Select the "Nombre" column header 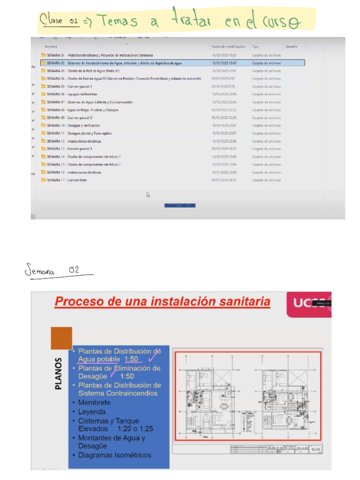pyautogui.click(x=51, y=47)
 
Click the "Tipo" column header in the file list pyautogui.click(x=255, y=47)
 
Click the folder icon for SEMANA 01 pyautogui.click(x=44, y=55)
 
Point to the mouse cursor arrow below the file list pyautogui.click(x=148, y=195)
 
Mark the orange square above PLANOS pyautogui.click(x=61, y=338)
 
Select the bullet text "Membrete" pyautogui.click(x=94, y=402)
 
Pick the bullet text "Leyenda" pyautogui.click(x=92, y=412)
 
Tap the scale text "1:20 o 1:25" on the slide pyautogui.click(x=132, y=428)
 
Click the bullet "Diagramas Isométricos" pyautogui.click(x=115, y=455)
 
